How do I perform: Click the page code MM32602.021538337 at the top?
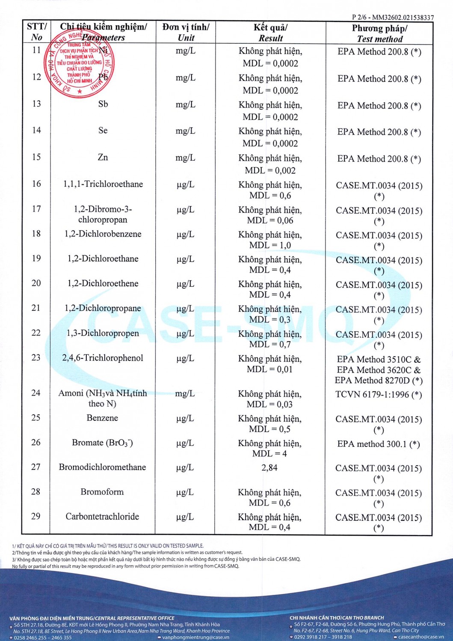click(403, 18)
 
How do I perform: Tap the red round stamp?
click(79, 65)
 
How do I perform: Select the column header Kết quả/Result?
click(270, 32)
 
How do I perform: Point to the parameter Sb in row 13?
click(103, 104)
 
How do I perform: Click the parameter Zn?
click(103, 157)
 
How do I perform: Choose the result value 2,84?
click(269, 468)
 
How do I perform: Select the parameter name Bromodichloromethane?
click(102, 467)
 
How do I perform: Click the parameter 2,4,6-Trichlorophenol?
click(103, 358)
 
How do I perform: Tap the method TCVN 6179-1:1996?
click(379, 394)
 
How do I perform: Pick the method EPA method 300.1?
click(379, 444)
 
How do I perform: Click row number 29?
click(36, 516)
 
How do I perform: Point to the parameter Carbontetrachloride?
click(102, 516)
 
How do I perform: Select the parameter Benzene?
click(102, 418)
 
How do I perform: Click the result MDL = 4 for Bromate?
click(269, 453)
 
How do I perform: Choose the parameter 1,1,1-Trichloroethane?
click(103, 184)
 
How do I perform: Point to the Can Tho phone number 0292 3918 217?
click(310, 637)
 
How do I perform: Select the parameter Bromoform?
click(102, 492)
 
